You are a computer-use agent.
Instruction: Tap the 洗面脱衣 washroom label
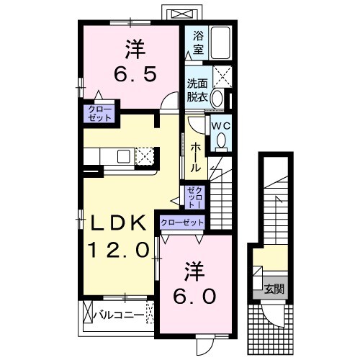pos(197,88)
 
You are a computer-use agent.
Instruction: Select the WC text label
pos(220,124)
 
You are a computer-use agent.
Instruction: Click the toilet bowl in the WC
pos(222,139)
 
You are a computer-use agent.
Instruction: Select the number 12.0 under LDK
pos(120,251)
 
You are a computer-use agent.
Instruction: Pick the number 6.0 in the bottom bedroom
pos(194,296)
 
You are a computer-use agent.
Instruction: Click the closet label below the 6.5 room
pos(95,113)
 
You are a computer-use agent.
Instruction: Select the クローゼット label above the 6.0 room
pos(183,222)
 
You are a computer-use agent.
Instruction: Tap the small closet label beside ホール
pos(194,194)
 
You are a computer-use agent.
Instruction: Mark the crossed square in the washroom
pos(222,75)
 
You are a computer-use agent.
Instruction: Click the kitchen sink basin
pos(123,156)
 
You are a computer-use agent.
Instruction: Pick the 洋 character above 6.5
pos(132,48)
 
